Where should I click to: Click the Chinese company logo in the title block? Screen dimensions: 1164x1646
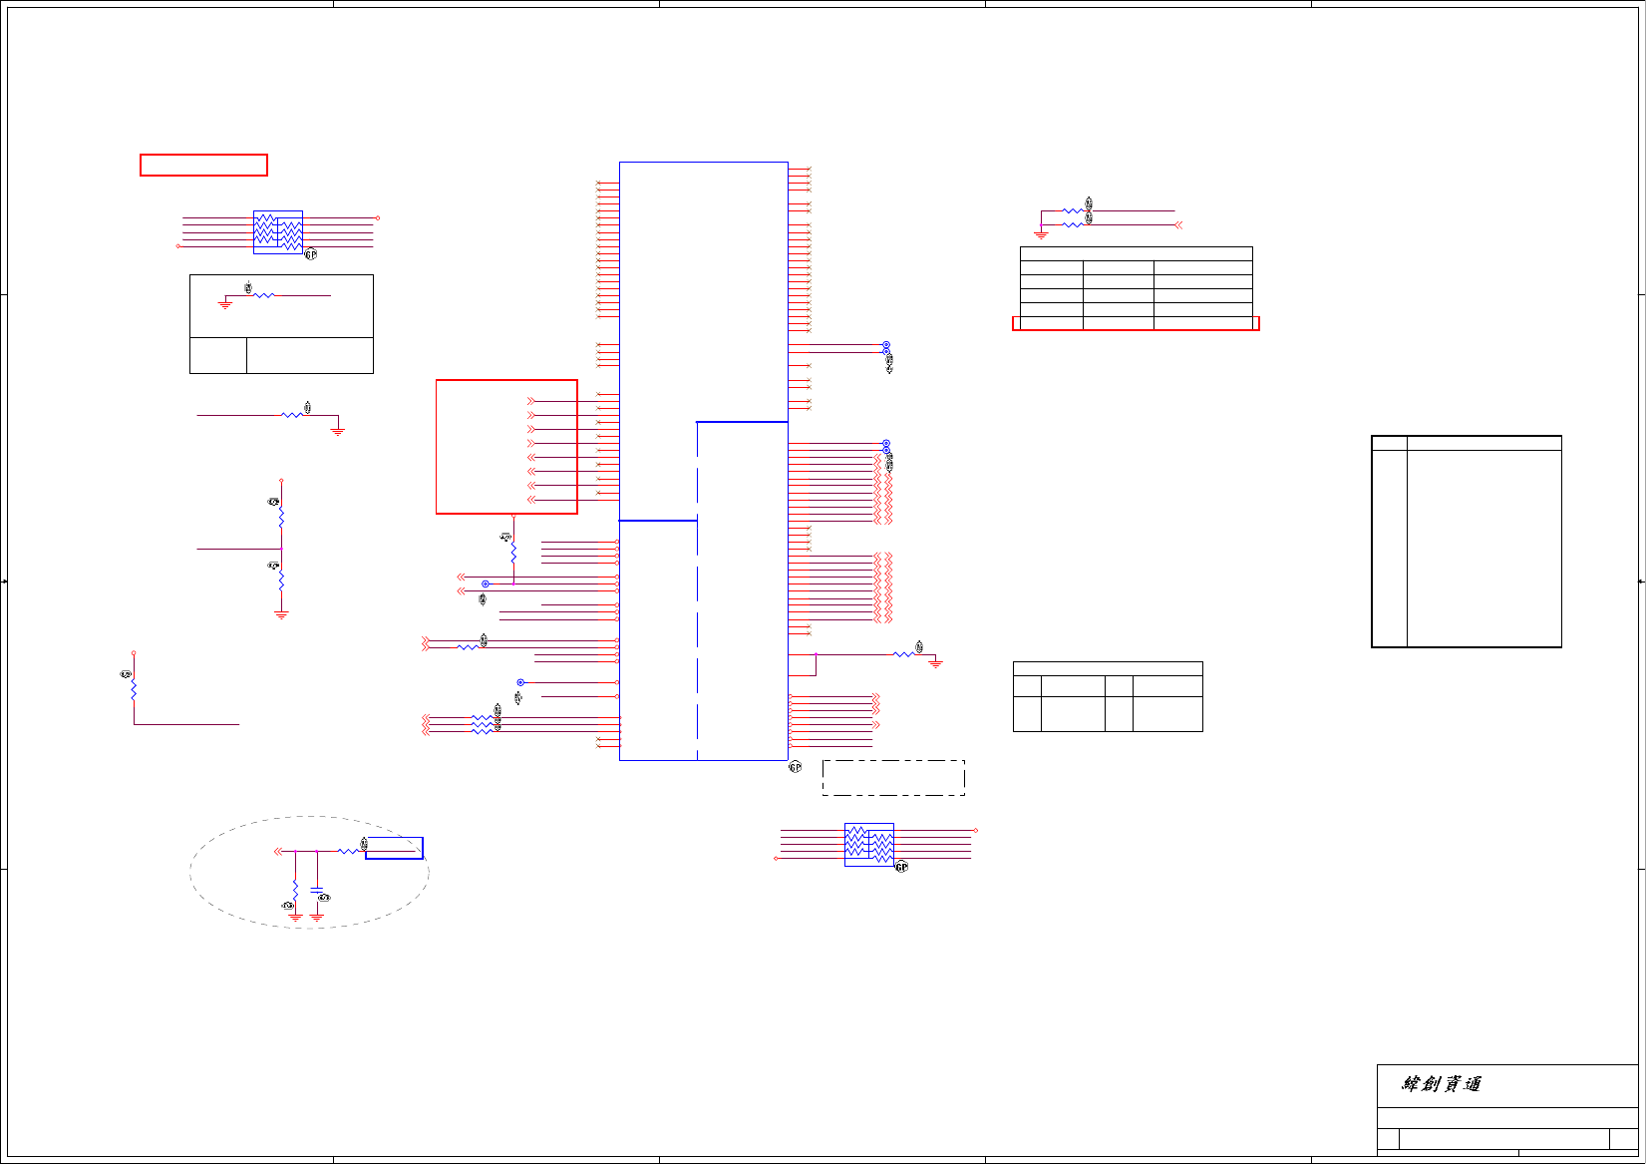1442,1084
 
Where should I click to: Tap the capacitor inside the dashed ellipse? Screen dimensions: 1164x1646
317,888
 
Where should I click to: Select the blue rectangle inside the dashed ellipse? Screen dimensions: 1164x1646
394,848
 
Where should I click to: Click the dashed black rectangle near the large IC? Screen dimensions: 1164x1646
893,778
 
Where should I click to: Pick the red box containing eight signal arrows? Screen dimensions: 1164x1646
506,447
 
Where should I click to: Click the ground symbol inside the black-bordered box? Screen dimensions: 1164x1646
225,304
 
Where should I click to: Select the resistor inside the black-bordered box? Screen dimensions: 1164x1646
263,295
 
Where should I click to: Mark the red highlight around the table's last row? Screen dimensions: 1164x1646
1136,323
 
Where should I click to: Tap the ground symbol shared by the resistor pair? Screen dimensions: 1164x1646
1041,234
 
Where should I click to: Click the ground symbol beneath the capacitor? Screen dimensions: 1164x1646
317,915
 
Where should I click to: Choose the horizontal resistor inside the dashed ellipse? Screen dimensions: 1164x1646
348,851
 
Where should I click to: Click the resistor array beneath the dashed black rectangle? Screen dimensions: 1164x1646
868,845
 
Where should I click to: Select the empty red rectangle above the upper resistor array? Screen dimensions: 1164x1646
203,165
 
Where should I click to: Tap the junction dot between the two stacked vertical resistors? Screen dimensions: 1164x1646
281,549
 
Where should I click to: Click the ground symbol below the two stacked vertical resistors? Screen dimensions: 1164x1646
281,614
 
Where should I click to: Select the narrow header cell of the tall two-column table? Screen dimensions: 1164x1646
1389,443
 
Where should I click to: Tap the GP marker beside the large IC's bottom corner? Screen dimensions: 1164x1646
795,767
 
